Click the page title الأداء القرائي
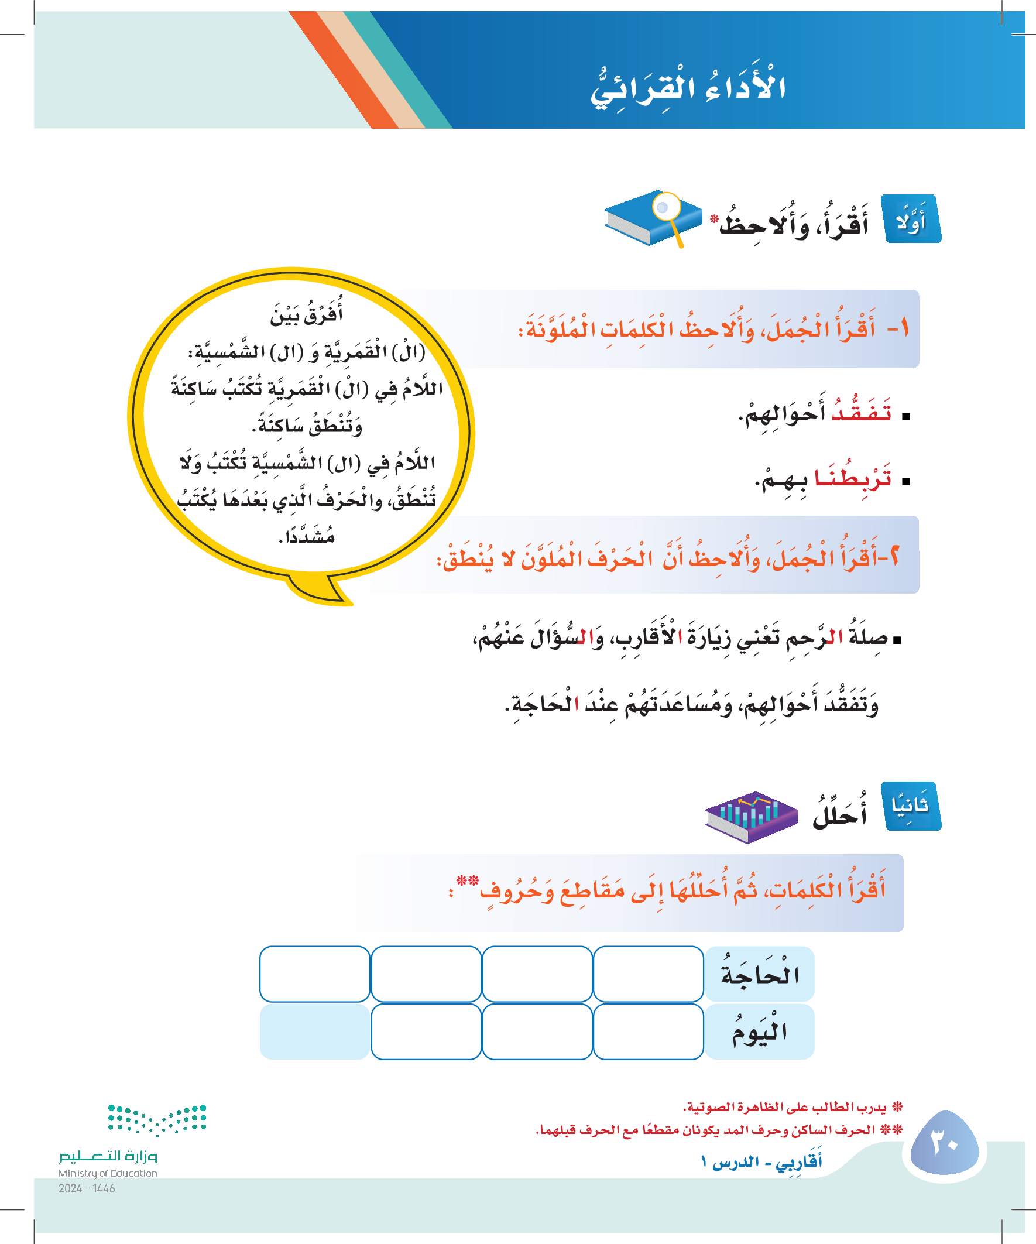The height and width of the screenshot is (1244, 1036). tap(688, 89)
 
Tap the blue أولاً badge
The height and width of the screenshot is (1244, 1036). tap(911, 219)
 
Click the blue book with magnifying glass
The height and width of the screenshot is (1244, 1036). tap(651, 218)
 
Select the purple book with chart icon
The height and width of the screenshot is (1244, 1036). tap(750, 815)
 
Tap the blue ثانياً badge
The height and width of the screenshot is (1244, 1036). tap(910, 806)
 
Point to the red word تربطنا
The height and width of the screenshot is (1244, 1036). tap(853, 478)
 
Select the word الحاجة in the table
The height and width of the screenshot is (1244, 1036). tap(759, 974)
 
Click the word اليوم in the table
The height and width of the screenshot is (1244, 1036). tap(759, 1032)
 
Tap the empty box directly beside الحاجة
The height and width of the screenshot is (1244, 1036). tap(648, 974)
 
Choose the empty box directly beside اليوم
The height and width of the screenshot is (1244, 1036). tap(648, 1032)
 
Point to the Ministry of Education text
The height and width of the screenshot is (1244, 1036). tap(108, 1173)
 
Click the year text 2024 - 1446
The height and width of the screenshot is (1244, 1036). tap(87, 1188)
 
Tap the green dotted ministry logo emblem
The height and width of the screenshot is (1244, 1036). tap(157, 1119)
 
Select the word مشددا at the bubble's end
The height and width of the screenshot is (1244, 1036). tap(307, 537)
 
